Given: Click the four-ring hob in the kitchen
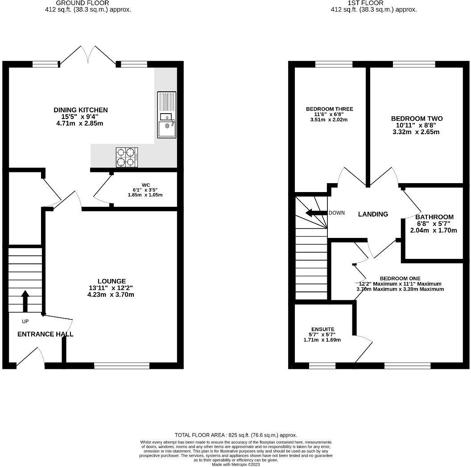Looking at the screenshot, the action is pos(127,157).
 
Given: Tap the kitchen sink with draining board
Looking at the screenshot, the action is pos(167,115).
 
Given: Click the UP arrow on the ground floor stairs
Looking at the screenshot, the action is pos(25,301).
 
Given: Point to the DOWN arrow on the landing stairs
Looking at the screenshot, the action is pos(316,213).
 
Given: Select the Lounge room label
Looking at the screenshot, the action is pos(111,288).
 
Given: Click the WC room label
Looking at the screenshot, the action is pos(145,190).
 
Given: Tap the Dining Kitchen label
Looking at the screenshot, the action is pos(80,116).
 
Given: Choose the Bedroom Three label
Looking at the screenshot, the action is pos(329,114).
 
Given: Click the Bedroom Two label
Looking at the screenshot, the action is pos(416,125).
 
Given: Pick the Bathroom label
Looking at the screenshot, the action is pos(434,224).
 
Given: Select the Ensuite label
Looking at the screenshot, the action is pos(322,334).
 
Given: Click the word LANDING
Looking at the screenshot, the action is pos(373,214).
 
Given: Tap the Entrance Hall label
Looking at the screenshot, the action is pos(45,334).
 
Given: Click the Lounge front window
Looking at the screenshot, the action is pos(122,365).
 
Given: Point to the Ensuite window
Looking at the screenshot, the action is pos(322,365).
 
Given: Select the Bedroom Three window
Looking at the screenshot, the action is pos(334,64).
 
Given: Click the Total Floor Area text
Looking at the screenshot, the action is pos(236,435).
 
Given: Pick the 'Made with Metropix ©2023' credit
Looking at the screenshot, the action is pos(236,464).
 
